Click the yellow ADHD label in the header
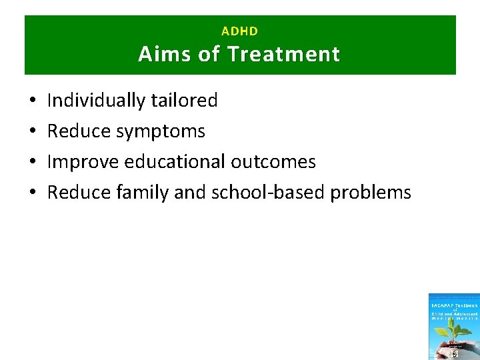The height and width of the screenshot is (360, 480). [x=239, y=31]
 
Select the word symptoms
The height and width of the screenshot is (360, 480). [x=161, y=131]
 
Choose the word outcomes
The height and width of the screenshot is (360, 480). [x=274, y=162]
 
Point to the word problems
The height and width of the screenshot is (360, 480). [x=371, y=193]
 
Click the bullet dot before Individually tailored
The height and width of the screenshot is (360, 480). [x=33, y=101]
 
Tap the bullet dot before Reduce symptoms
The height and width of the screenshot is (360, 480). [x=33, y=132]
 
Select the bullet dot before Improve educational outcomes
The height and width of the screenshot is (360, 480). [x=33, y=163]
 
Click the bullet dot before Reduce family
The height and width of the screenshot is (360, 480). [x=33, y=193]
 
